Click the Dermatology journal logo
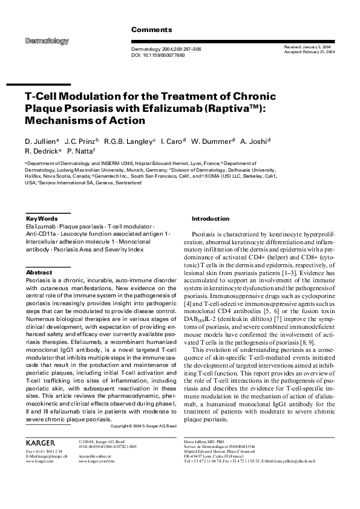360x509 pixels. point(47,41)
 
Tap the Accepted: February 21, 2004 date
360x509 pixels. point(309,52)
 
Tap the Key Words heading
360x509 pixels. point(42,218)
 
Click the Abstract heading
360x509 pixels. point(39,273)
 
